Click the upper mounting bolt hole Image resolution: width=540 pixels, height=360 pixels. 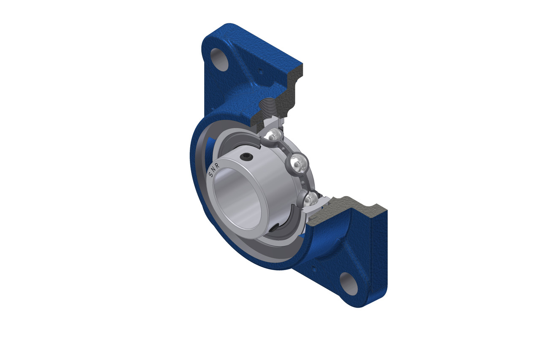(x=219, y=60)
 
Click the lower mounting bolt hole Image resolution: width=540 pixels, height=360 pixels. (x=348, y=284)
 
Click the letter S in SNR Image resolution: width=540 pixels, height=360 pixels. (x=211, y=174)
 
